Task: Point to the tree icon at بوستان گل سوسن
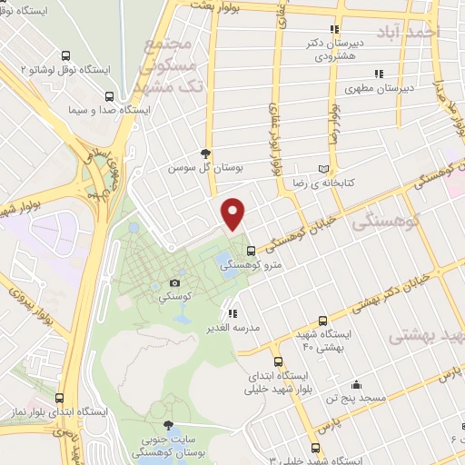[x=207, y=153]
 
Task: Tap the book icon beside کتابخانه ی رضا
[x=324, y=169]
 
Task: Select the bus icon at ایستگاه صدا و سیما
[x=110, y=95]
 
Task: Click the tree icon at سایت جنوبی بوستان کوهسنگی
[x=167, y=425]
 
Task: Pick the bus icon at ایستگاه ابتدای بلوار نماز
[x=59, y=397]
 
